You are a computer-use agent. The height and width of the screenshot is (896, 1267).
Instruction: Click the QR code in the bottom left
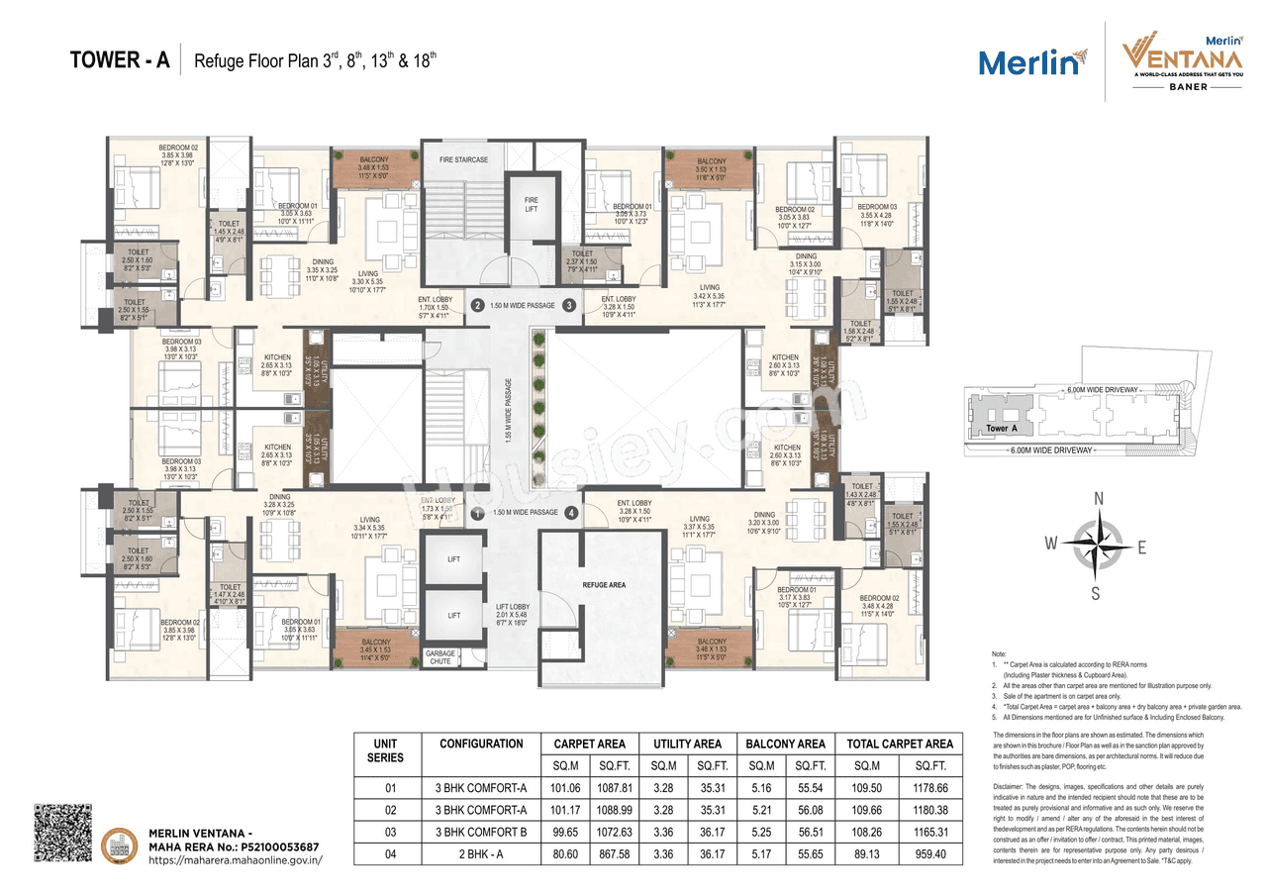click(x=62, y=833)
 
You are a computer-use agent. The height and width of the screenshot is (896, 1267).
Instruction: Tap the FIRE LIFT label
click(x=532, y=205)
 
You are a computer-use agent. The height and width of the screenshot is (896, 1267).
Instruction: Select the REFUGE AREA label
click(x=603, y=585)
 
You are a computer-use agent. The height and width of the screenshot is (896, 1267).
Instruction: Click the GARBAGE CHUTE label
click(x=440, y=657)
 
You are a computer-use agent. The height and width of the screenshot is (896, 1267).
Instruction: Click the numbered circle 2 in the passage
click(x=477, y=306)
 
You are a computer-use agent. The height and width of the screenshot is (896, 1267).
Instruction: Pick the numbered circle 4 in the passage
click(x=571, y=513)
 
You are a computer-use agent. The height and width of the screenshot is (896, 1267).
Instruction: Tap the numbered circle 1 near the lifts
click(x=477, y=513)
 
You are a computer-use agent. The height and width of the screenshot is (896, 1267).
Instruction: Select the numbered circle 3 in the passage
click(x=569, y=306)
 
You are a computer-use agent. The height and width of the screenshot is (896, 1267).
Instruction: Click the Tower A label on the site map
click(x=1002, y=429)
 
